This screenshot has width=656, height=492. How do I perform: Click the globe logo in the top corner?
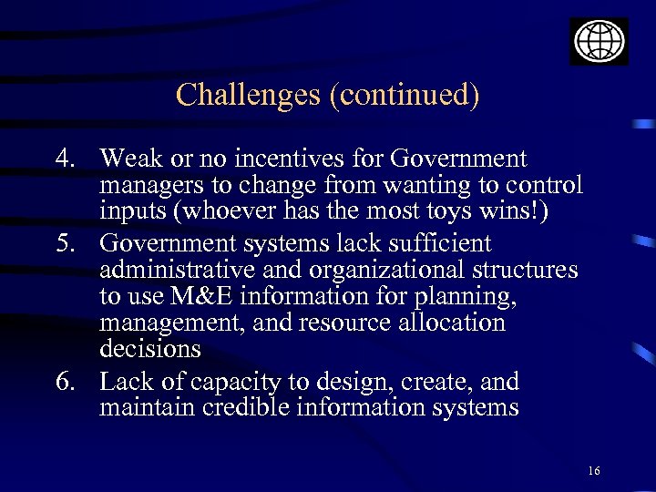click(599, 41)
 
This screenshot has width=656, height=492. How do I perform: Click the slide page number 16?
click(594, 471)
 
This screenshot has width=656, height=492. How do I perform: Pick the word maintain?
click(147, 407)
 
